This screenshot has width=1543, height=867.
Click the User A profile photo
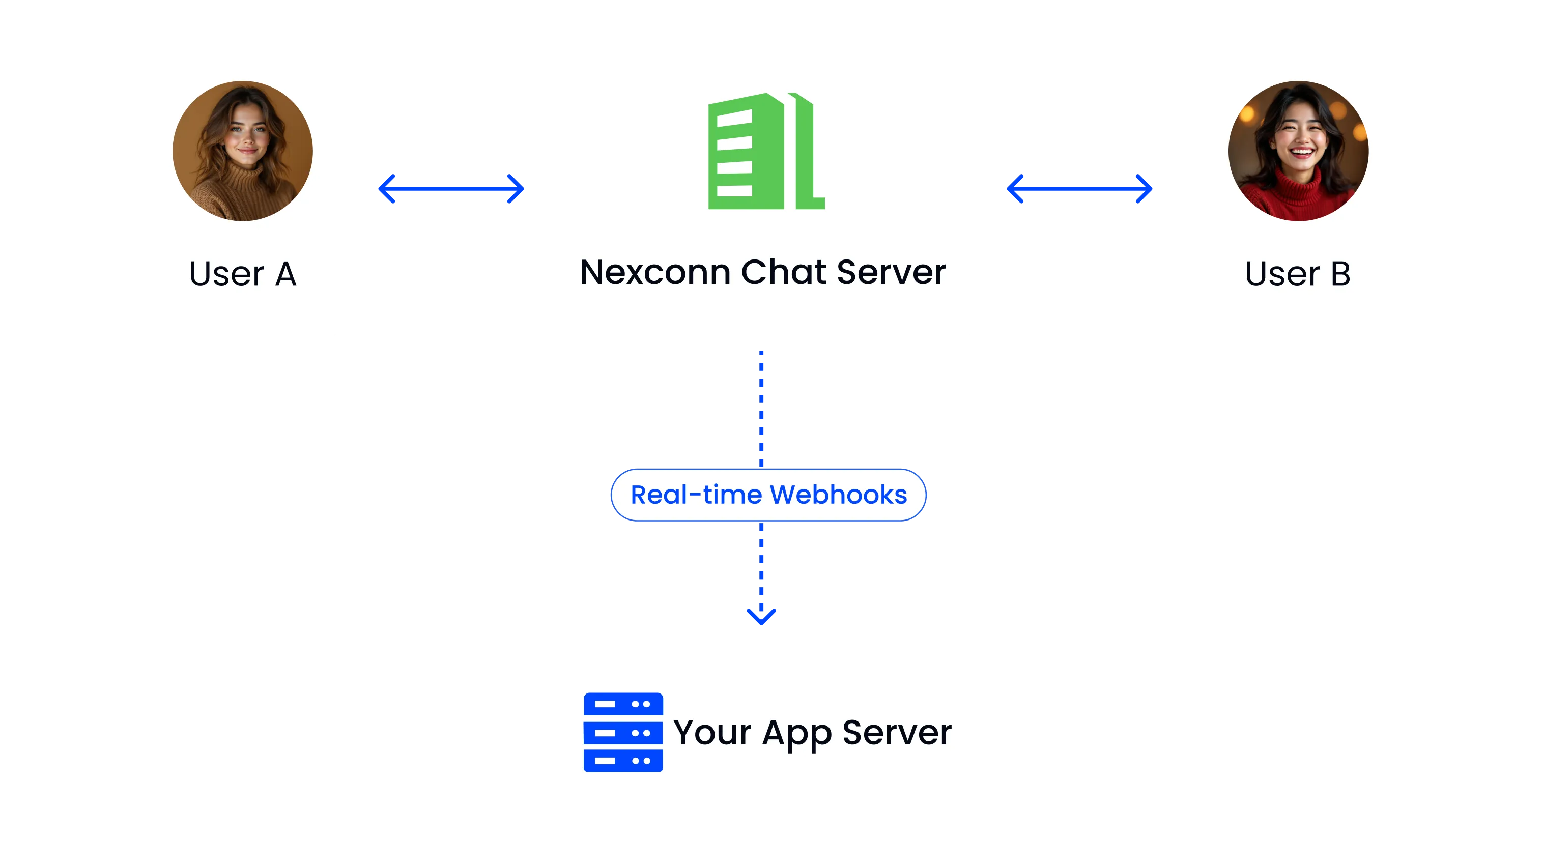click(x=243, y=151)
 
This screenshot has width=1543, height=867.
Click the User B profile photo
click(x=1298, y=151)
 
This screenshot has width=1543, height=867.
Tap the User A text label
click(x=243, y=274)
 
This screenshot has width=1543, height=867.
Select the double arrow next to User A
click(x=451, y=189)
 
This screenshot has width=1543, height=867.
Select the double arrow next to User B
click(x=1079, y=189)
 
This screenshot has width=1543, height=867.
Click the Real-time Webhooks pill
click(x=768, y=495)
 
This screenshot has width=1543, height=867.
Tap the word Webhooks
click(x=838, y=495)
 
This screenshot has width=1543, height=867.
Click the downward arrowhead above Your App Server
click(x=761, y=616)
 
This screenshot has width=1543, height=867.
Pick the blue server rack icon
click(x=623, y=732)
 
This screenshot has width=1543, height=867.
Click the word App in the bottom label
click(x=796, y=734)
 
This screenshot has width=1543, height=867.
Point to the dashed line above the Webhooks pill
click(x=761, y=409)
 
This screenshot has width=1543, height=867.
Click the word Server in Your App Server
click(x=897, y=732)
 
